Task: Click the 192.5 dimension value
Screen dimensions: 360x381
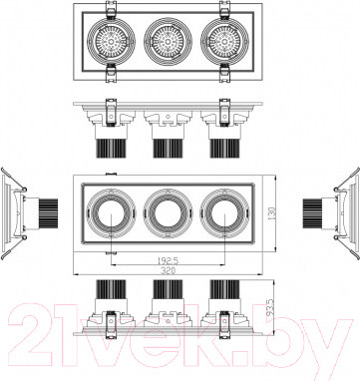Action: point(169,260)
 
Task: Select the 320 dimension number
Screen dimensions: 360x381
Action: point(169,270)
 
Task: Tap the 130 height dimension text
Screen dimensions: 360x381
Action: point(272,213)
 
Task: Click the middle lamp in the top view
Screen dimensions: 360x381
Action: point(168,42)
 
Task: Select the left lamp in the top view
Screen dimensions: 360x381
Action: point(111,42)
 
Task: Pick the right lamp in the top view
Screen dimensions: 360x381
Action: point(224,42)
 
